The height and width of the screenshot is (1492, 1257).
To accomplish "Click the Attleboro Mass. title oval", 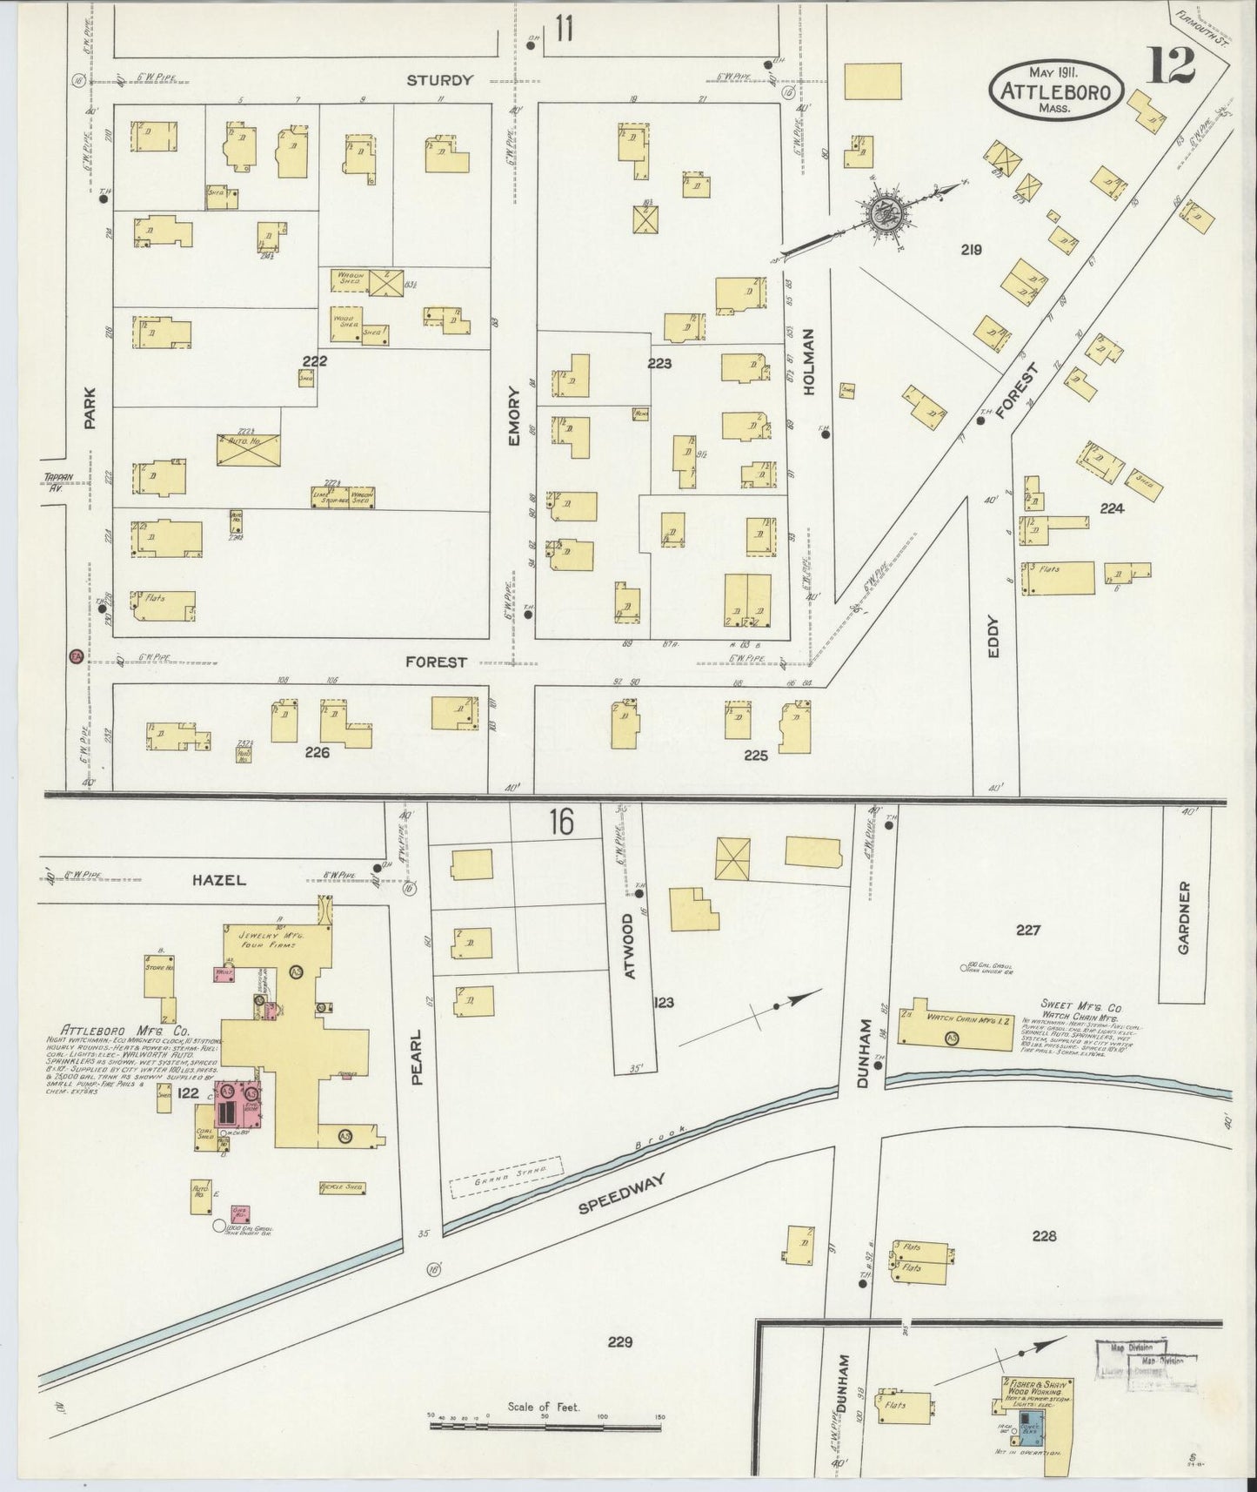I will [1055, 90].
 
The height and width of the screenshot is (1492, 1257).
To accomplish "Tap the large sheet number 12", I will [1170, 66].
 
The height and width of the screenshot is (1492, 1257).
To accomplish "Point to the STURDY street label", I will [439, 80].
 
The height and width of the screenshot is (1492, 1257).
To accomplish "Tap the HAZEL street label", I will [217, 880].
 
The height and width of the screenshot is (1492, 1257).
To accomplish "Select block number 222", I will [314, 360].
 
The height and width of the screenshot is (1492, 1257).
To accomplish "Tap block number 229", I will [620, 1341].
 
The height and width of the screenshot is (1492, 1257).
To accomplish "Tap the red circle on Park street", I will [76, 657].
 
